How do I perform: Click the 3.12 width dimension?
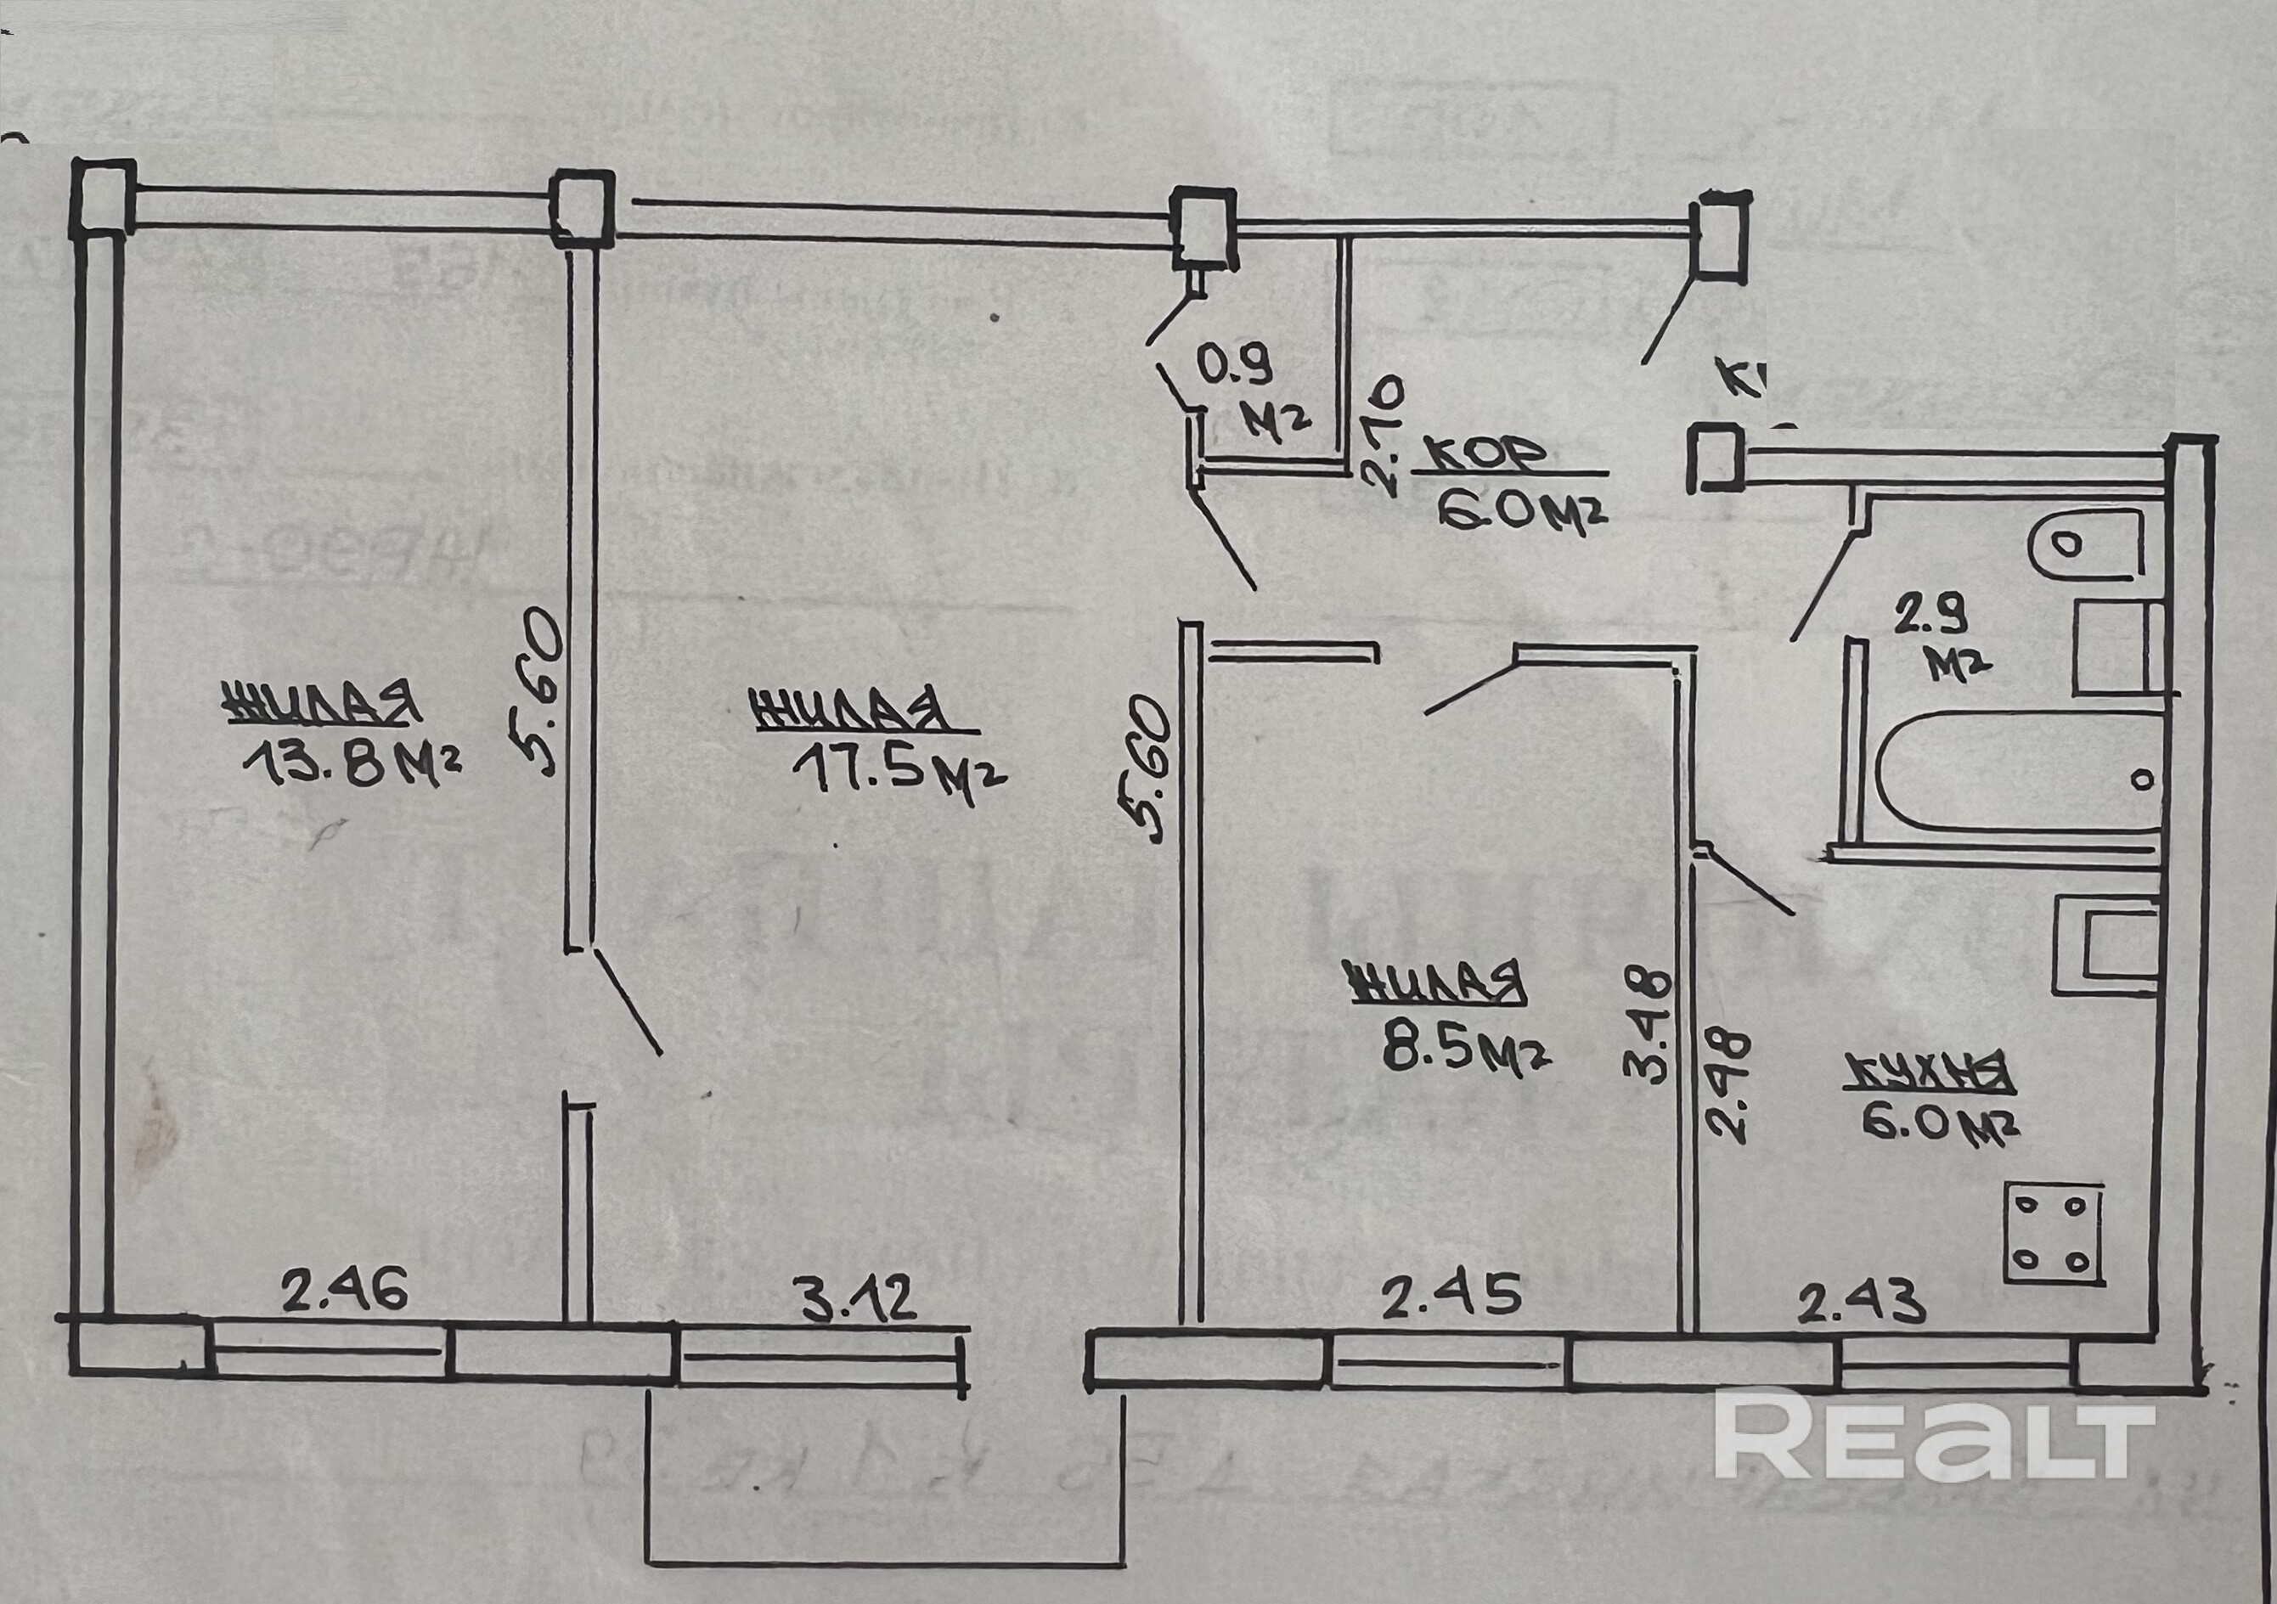point(857,1302)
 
